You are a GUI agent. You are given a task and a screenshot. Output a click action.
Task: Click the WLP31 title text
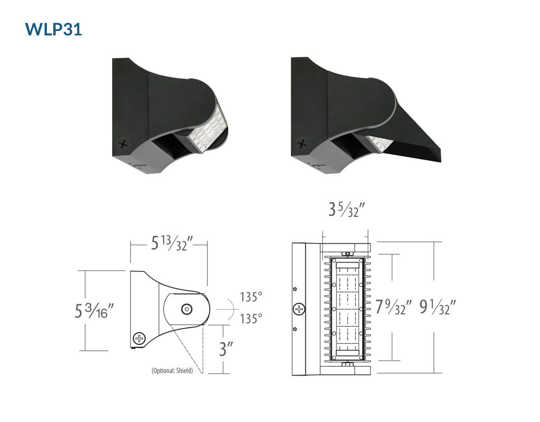coord(53,29)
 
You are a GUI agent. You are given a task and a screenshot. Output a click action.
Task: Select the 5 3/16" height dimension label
coord(94,310)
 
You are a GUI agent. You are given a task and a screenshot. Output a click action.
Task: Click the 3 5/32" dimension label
coord(346,209)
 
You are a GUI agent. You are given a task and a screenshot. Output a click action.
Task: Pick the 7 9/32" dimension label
coord(393,307)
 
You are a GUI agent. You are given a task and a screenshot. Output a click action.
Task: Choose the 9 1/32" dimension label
coord(438,307)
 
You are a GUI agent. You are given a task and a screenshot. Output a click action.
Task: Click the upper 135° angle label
coord(251,297)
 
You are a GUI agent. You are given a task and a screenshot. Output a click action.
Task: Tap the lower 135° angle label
coord(251,319)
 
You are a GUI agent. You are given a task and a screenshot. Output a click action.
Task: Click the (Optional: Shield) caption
coord(172,371)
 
